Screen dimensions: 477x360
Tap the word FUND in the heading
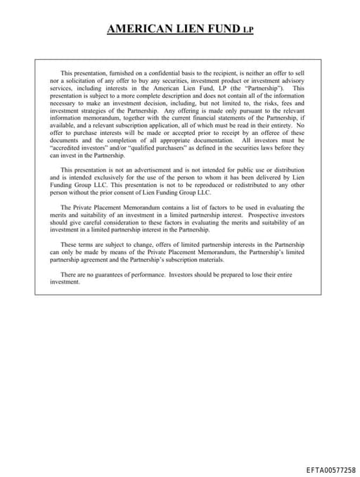(221, 30)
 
